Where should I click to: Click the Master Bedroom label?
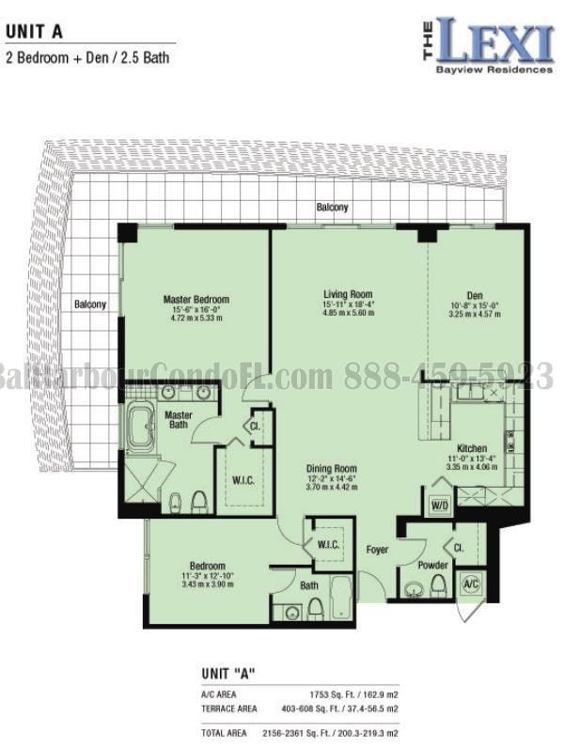(196, 300)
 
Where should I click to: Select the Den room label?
(466, 293)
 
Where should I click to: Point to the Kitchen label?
(471, 447)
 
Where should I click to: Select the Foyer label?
(378, 549)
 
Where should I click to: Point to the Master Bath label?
(178, 420)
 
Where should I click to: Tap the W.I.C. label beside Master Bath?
(243, 481)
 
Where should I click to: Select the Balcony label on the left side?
(90, 304)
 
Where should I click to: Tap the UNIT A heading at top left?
(34, 31)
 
